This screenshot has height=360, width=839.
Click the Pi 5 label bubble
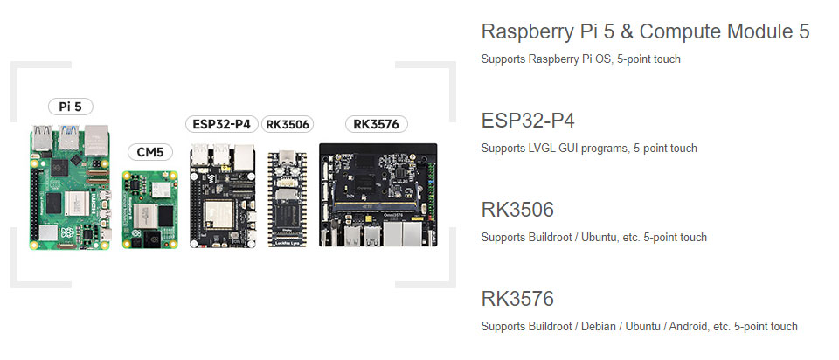(x=70, y=107)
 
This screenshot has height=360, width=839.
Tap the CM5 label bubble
(x=150, y=152)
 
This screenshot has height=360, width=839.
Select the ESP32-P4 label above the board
(x=222, y=124)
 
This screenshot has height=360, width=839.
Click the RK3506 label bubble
(x=288, y=124)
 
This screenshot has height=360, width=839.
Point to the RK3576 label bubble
(x=377, y=124)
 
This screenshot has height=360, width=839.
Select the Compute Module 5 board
(x=150, y=209)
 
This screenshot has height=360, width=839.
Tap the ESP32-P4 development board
(x=222, y=197)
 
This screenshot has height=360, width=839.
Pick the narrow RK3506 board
(x=288, y=199)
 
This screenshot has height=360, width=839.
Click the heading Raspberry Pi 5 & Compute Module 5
(x=645, y=32)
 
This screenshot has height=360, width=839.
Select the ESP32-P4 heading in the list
(x=527, y=121)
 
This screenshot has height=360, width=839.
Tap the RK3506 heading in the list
(x=517, y=211)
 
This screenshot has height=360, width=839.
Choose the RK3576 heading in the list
(x=517, y=300)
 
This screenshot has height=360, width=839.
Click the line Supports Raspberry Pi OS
(x=580, y=59)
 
